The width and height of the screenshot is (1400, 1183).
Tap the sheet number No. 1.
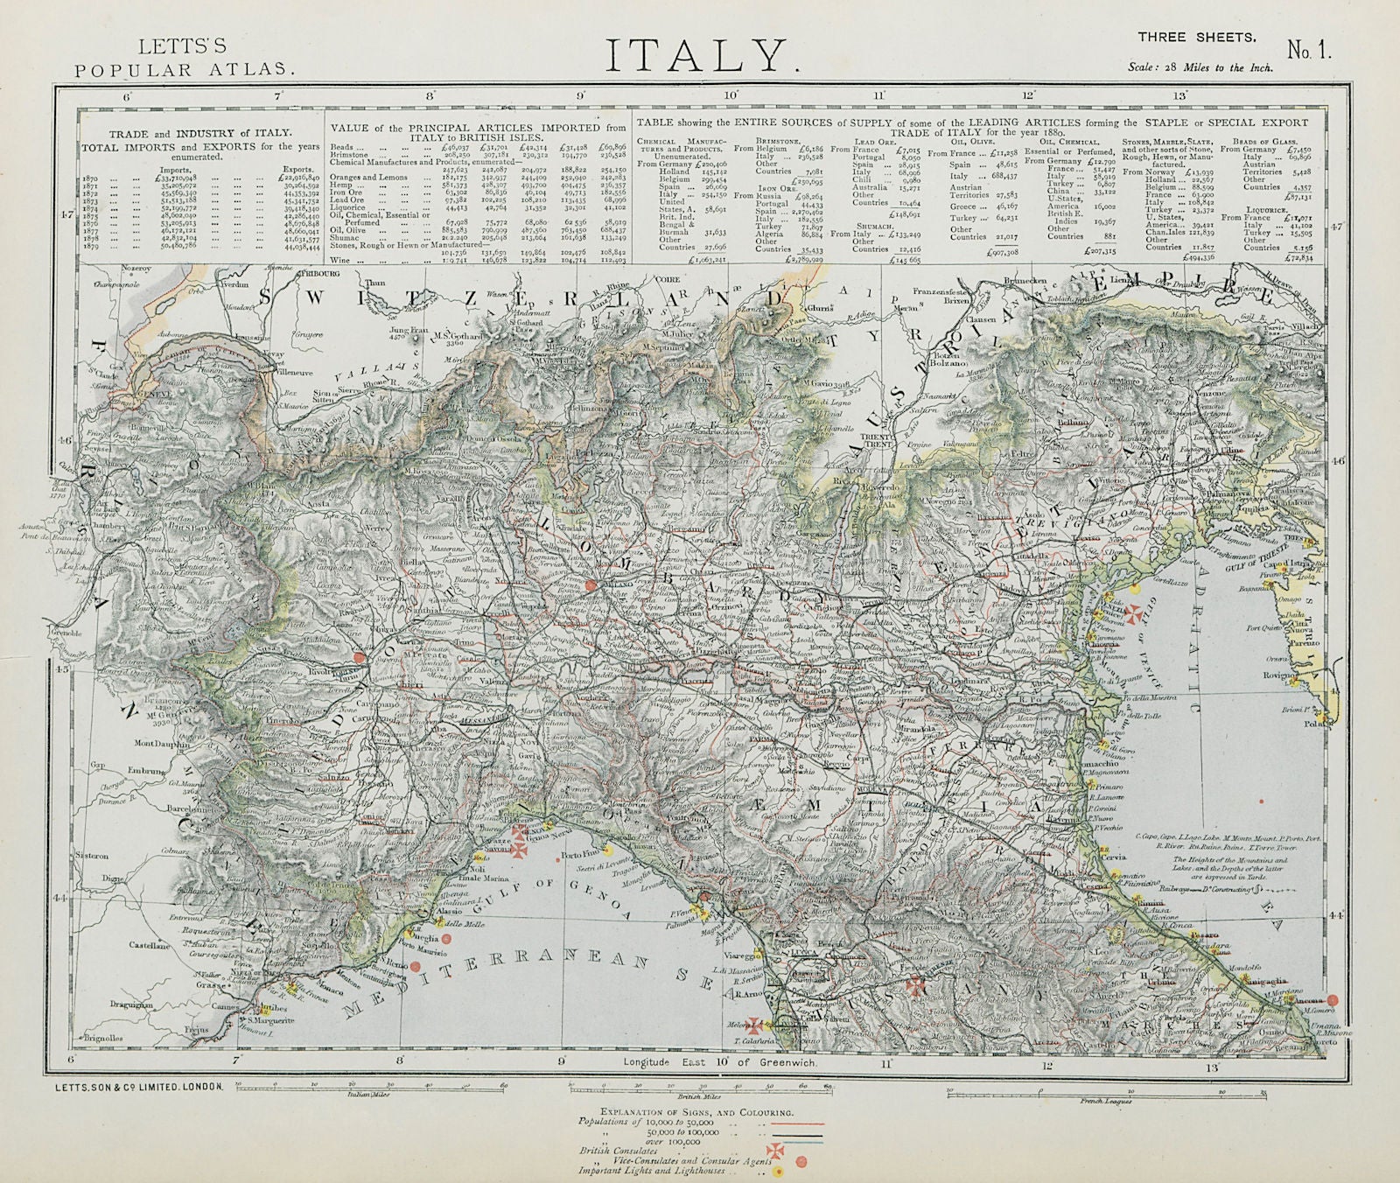coord(1308,51)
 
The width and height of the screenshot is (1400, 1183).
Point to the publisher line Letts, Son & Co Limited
coord(140,1086)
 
